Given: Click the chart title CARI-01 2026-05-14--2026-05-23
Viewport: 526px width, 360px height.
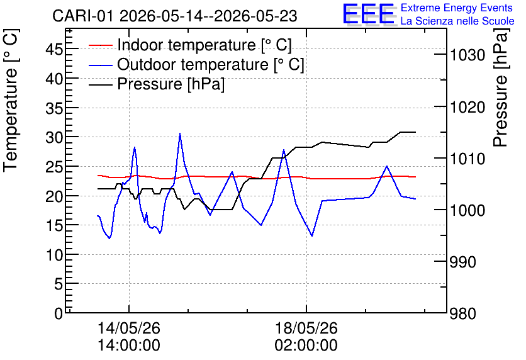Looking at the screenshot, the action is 175,16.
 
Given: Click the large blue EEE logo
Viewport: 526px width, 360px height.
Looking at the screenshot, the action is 368,14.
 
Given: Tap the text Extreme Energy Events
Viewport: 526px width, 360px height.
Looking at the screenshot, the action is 457,8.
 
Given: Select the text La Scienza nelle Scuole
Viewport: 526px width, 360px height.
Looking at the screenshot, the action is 457,21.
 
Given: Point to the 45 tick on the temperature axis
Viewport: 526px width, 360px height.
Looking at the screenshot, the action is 54,50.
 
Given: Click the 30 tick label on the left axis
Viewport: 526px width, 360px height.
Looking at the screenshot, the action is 54,137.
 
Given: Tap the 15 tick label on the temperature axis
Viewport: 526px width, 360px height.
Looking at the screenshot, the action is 54,225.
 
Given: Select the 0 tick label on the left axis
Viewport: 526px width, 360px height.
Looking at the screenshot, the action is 59,313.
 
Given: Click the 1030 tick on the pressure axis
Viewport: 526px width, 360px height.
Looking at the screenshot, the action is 467,55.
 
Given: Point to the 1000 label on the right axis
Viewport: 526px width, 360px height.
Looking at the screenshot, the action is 467,210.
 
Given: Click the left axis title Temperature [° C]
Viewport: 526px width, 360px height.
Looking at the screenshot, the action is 11,101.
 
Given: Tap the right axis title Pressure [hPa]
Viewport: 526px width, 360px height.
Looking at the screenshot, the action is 500,87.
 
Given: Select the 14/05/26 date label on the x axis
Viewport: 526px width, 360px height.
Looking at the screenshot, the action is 129,328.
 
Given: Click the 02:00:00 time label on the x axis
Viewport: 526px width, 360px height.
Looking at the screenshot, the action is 306,346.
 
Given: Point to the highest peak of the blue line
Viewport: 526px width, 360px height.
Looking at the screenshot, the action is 180,133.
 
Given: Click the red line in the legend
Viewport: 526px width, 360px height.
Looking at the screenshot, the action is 100,45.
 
